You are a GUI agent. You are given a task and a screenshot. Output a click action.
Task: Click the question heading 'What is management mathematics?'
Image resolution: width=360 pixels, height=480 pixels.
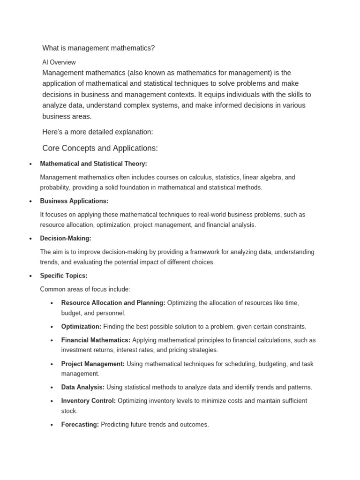click(x=98, y=48)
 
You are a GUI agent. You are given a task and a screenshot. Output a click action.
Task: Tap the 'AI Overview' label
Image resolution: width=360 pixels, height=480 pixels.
click(x=59, y=62)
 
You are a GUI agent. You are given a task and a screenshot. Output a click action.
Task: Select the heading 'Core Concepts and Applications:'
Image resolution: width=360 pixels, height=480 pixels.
click(x=100, y=148)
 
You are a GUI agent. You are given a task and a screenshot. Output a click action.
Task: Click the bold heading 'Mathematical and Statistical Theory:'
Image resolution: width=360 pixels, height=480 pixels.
click(x=93, y=164)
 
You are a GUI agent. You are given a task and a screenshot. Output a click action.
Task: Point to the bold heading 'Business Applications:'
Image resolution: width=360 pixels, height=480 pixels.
click(x=74, y=201)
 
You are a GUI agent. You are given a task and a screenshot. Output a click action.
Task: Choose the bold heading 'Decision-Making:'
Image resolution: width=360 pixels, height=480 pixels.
click(x=66, y=238)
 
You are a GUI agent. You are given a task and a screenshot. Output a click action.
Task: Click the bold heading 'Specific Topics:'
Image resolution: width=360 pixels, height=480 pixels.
click(x=64, y=276)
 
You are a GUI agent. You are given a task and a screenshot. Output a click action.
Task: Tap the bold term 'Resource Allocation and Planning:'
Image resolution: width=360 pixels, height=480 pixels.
click(x=113, y=303)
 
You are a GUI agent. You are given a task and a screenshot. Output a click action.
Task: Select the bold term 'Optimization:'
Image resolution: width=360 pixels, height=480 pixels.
click(x=81, y=326)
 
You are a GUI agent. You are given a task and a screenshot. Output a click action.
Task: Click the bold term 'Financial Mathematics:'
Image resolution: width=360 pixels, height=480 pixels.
click(x=96, y=340)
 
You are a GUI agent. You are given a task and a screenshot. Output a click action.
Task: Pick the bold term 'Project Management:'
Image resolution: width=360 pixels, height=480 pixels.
click(x=93, y=364)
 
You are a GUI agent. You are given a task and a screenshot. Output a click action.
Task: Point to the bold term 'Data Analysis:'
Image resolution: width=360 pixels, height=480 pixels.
click(x=83, y=387)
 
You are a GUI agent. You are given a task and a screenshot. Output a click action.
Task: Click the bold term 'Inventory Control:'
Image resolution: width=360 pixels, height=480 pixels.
click(x=88, y=401)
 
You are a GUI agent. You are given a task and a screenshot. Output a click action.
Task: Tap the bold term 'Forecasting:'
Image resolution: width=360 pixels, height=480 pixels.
click(x=80, y=424)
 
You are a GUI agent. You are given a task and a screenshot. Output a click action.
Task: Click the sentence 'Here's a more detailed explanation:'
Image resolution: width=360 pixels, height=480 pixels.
click(x=97, y=132)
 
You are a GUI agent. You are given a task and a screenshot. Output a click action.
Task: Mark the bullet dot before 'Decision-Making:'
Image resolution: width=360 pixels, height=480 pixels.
click(x=30, y=239)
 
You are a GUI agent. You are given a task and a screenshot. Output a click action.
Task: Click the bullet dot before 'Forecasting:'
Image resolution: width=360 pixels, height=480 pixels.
click(x=51, y=425)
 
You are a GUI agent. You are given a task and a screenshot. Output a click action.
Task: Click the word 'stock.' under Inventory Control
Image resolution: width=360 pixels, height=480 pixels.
click(x=69, y=411)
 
